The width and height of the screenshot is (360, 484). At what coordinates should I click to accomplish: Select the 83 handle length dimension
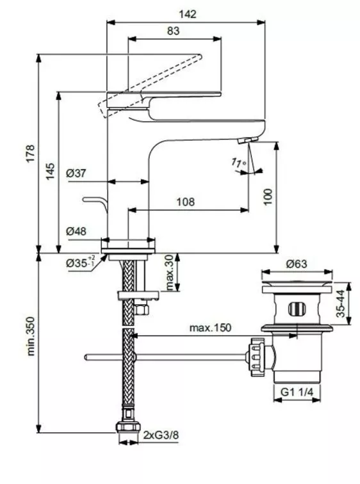point(174,29)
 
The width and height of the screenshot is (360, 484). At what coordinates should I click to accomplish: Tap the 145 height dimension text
point(51,172)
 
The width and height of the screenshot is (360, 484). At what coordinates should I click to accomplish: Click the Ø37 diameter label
point(76,173)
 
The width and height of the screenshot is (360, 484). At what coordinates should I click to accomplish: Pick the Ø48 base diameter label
point(76,232)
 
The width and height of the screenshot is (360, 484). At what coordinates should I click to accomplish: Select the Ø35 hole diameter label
point(80,262)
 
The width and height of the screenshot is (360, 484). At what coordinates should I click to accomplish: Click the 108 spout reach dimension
point(184,202)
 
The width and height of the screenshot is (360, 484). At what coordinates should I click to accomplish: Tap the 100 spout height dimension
point(267,197)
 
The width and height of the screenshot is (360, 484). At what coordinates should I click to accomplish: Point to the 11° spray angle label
point(239,163)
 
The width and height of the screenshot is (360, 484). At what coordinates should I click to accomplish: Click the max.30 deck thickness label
point(169,273)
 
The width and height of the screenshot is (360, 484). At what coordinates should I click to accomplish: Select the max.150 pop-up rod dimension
point(209,328)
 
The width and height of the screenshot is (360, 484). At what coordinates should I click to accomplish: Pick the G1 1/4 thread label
point(297,391)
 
